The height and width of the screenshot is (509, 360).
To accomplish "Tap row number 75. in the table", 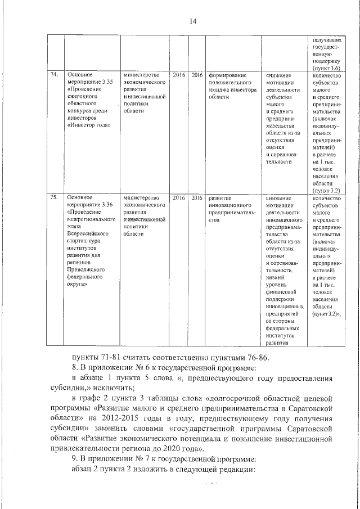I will [x=55, y=198].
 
